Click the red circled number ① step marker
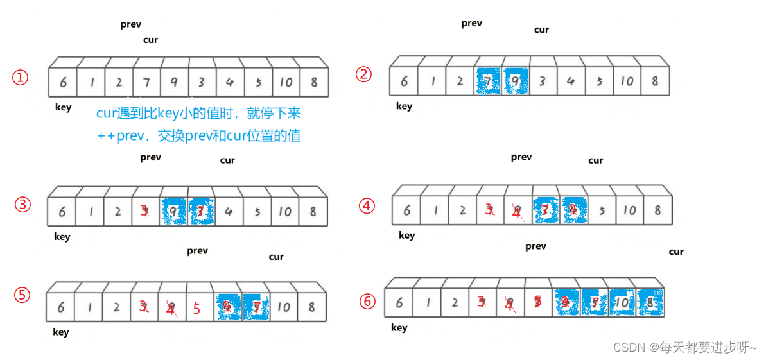click(x=21, y=78)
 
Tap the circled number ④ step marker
click(x=367, y=205)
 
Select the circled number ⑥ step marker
click(x=367, y=301)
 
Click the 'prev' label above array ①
click(x=130, y=25)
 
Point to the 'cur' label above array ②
click(x=541, y=30)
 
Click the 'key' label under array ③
click(x=62, y=237)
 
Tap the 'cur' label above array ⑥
click(x=676, y=252)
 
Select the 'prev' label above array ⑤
click(x=197, y=251)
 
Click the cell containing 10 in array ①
click(x=286, y=82)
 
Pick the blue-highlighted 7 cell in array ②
click(x=487, y=81)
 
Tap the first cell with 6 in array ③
click(x=62, y=212)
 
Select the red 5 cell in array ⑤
click(x=196, y=309)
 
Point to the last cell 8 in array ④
click(x=657, y=210)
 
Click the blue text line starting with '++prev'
click(x=198, y=136)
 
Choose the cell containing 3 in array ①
click(x=201, y=82)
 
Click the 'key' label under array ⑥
click(x=399, y=328)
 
